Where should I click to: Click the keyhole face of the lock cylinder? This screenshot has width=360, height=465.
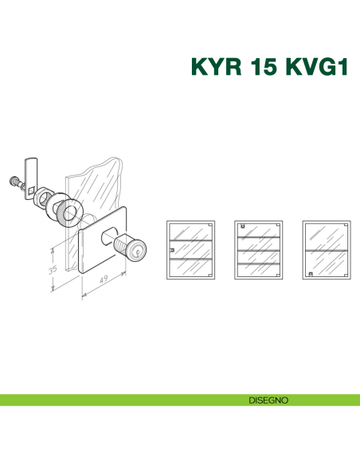pos(139,252)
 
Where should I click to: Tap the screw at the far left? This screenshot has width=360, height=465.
pos(15,180)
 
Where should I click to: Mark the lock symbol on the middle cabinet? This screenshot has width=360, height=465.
pos(242,227)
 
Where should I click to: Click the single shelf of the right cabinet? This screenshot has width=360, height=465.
pos(327,250)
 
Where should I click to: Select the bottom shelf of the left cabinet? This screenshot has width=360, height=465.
pos(191,259)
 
